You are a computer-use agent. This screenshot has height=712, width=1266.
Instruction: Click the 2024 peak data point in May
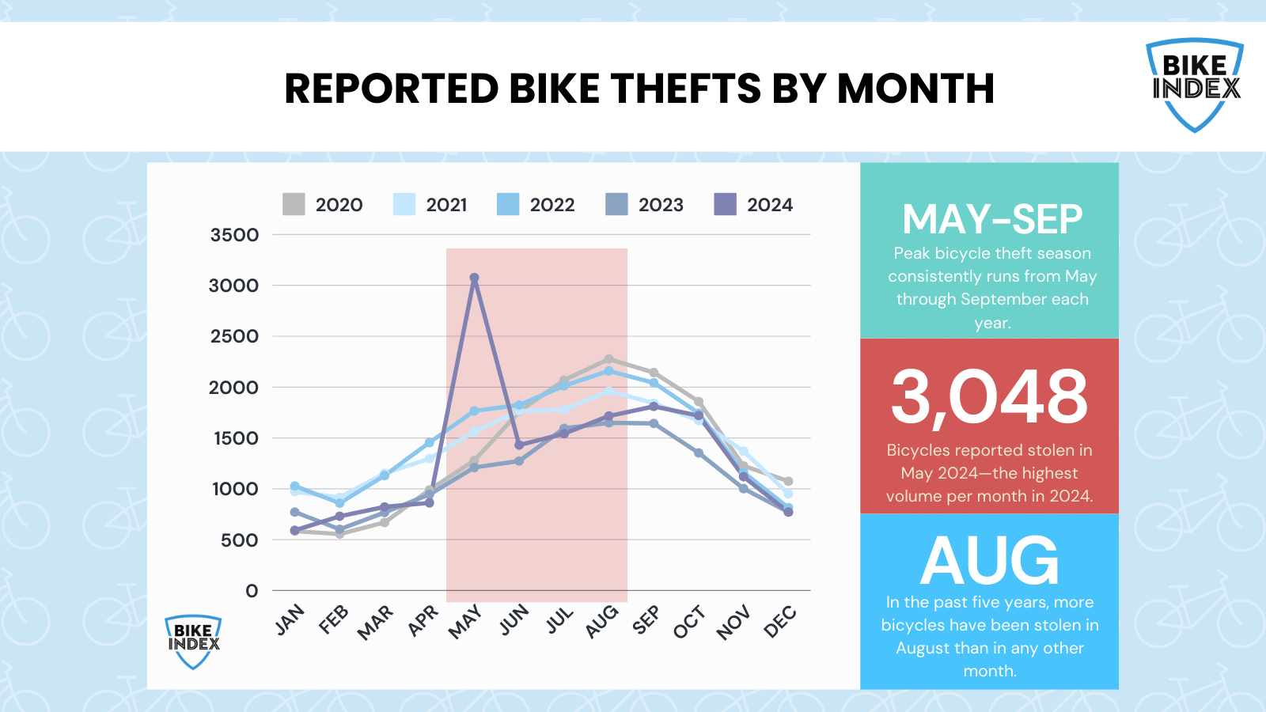pyautogui.click(x=474, y=278)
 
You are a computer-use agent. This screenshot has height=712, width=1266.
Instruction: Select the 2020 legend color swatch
pyautogui.click(x=294, y=204)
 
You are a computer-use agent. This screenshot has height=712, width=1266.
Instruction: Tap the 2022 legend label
pyautogui.click(x=552, y=205)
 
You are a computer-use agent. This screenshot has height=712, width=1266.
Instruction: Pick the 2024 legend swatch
pyautogui.click(x=725, y=204)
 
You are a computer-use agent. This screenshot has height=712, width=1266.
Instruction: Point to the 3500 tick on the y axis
pyautogui.click(x=234, y=235)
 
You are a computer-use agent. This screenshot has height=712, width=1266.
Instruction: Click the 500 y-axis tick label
pyautogui.click(x=239, y=540)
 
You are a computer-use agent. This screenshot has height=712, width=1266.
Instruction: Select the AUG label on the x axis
pyautogui.click(x=602, y=622)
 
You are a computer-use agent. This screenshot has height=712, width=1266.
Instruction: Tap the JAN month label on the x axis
pyautogui.click(x=290, y=619)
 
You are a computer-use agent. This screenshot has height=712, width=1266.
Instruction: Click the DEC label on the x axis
pyautogui.click(x=780, y=622)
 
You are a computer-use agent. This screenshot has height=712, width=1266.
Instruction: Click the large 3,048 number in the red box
pyautogui.click(x=989, y=396)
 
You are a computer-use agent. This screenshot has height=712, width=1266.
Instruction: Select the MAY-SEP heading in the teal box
pyautogui.click(x=991, y=219)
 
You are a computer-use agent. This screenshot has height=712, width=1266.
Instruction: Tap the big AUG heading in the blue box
pyautogui.click(x=989, y=561)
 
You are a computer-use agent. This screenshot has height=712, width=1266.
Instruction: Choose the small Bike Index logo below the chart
pyautogui.click(x=193, y=642)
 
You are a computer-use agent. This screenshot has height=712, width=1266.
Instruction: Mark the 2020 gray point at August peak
pyautogui.click(x=608, y=359)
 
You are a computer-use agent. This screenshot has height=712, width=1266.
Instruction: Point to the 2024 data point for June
pyautogui.click(x=519, y=445)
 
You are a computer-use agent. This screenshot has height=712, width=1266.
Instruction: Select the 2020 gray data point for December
pyautogui.click(x=788, y=481)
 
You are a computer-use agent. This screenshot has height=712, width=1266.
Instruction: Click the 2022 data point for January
pyautogui.click(x=295, y=487)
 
